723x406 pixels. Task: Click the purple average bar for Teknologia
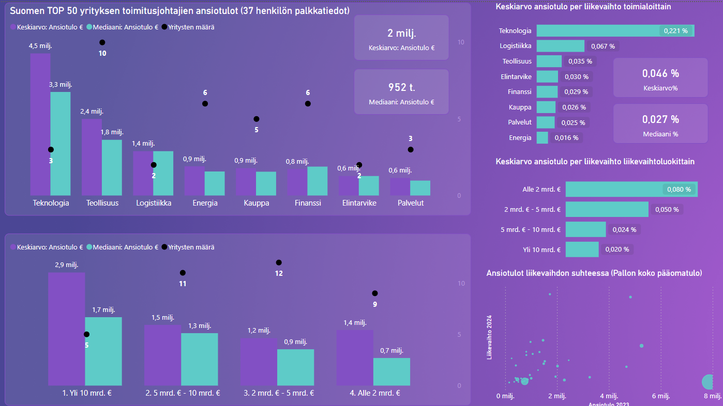[x=40, y=124]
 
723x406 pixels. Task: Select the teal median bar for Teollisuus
[x=112, y=167]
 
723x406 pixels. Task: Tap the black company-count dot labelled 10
[x=102, y=42]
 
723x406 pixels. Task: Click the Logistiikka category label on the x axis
[x=154, y=203]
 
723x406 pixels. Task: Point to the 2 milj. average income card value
[x=401, y=34]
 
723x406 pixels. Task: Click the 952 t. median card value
[x=401, y=87]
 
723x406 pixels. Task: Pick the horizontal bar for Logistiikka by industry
[x=560, y=46]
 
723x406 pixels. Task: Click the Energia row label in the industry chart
[x=520, y=138]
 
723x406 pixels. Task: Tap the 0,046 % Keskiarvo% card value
[x=660, y=73]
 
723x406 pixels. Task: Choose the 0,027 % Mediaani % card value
[x=660, y=119]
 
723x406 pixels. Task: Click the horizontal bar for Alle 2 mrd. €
[x=631, y=189]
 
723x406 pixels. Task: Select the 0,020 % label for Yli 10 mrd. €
[x=617, y=249]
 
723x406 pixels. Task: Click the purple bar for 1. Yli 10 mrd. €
[x=67, y=329]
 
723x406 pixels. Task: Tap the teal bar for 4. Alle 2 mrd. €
[x=391, y=371]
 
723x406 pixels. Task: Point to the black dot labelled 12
[x=279, y=262]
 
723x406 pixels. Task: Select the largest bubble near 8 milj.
[x=709, y=382]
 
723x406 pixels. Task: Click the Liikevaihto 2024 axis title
[x=489, y=337]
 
